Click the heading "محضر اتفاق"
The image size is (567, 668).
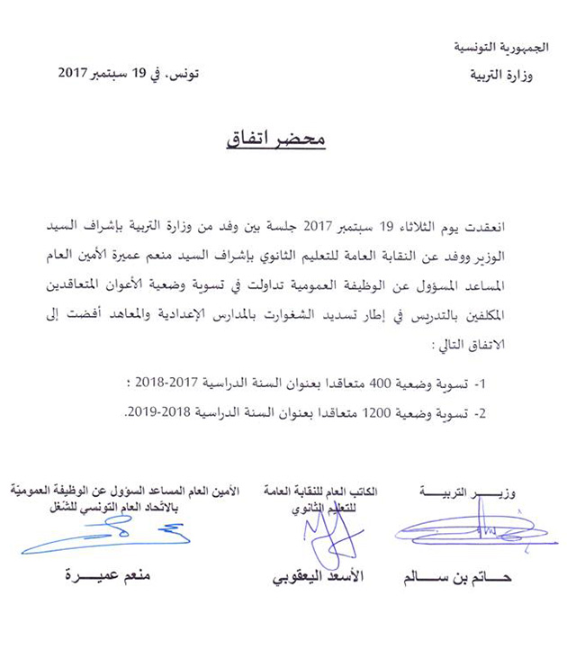283,142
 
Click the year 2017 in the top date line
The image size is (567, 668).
79,72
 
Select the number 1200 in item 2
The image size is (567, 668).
367,412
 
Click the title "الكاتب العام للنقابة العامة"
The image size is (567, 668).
328,492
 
